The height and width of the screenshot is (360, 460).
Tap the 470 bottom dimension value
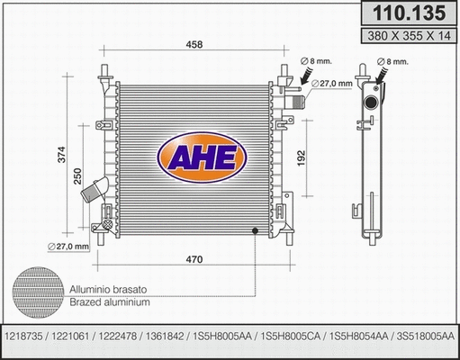coord(194,260)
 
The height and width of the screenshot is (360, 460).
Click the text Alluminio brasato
coord(108,290)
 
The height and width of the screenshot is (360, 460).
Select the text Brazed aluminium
coord(108,302)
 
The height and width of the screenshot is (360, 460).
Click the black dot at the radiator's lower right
coord(256,232)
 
